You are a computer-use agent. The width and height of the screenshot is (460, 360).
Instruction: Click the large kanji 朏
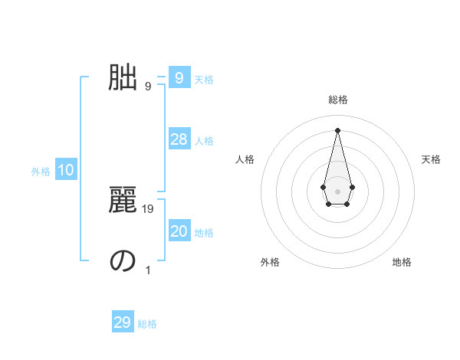click(123, 77)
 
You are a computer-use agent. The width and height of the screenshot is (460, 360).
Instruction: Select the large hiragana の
click(123, 260)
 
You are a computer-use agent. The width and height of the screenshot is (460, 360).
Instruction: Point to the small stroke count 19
click(149, 208)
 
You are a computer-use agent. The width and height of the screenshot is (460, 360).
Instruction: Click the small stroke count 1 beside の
click(148, 270)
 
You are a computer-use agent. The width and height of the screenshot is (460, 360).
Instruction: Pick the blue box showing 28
click(179, 139)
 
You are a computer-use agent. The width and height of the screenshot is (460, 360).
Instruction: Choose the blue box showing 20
click(179, 231)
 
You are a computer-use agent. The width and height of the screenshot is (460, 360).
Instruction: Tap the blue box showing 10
click(66, 171)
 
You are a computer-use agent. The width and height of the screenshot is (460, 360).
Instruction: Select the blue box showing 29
click(123, 322)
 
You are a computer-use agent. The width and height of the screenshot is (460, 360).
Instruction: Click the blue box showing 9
click(179, 78)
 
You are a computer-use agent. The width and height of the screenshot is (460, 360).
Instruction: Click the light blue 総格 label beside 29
click(147, 324)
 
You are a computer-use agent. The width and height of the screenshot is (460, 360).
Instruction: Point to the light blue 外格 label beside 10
click(41, 172)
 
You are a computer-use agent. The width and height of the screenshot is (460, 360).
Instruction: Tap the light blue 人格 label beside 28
click(204, 141)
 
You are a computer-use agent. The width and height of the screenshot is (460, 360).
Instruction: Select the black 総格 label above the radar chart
click(337, 100)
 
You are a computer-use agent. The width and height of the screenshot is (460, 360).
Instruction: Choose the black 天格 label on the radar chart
click(431, 159)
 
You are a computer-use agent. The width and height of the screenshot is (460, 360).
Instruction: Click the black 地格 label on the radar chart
click(402, 262)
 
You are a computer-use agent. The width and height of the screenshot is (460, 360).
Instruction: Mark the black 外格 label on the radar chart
click(270, 262)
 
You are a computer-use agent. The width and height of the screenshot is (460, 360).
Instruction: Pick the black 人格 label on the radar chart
click(245, 159)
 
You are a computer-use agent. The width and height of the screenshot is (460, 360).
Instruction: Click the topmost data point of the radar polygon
click(337, 129)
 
